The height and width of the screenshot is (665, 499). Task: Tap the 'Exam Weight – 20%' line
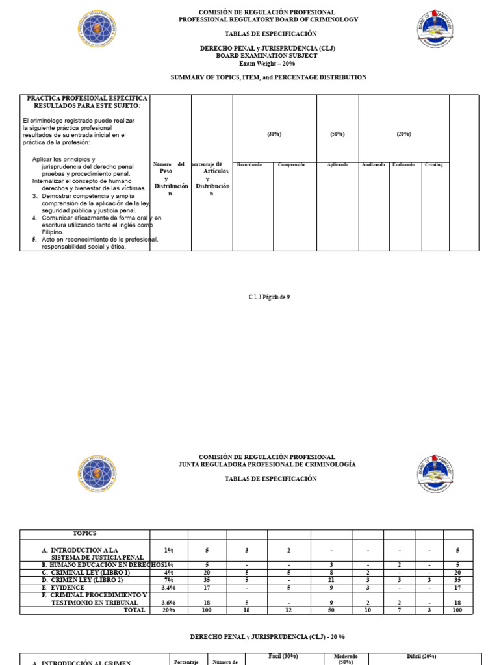(x=268, y=63)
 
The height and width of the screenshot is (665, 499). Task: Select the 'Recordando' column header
(x=249, y=165)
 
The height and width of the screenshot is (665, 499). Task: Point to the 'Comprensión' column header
(x=292, y=165)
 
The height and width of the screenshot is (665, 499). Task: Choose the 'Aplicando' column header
(x=337, y=165)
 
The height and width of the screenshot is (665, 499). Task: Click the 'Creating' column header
(x=433, y=165)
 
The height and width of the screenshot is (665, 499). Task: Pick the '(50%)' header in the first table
(x=337, y=134)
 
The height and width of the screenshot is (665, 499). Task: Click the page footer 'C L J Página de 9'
(x=268, y=297)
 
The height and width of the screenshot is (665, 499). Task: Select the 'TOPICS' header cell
(x=84, y=533)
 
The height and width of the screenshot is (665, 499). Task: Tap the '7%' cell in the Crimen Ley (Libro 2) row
(x=169, y=580)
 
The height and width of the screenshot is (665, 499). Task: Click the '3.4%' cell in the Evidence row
(x=169, y=588)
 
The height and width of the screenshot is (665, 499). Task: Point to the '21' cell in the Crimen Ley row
(x=331, y=580)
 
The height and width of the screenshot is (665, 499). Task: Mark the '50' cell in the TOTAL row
(x=331, y=611)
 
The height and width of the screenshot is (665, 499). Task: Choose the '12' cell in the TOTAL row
(x=289, y=611)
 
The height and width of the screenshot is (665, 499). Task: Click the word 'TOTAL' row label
(x=134, y=611)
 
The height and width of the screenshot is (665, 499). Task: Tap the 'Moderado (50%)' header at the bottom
(x=346, y=659)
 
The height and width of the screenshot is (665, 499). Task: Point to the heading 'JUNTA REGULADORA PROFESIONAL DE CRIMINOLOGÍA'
(x=268, y=464)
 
